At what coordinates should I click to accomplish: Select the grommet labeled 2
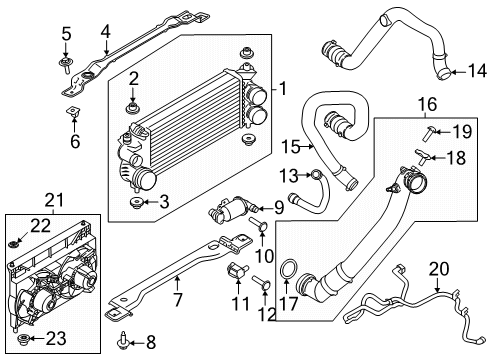(x=132, y=107)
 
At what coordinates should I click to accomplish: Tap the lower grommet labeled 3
(x=133, y=205)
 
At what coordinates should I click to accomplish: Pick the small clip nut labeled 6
(x=71, y=112)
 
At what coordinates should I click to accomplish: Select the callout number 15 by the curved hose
(x=288, y=147)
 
